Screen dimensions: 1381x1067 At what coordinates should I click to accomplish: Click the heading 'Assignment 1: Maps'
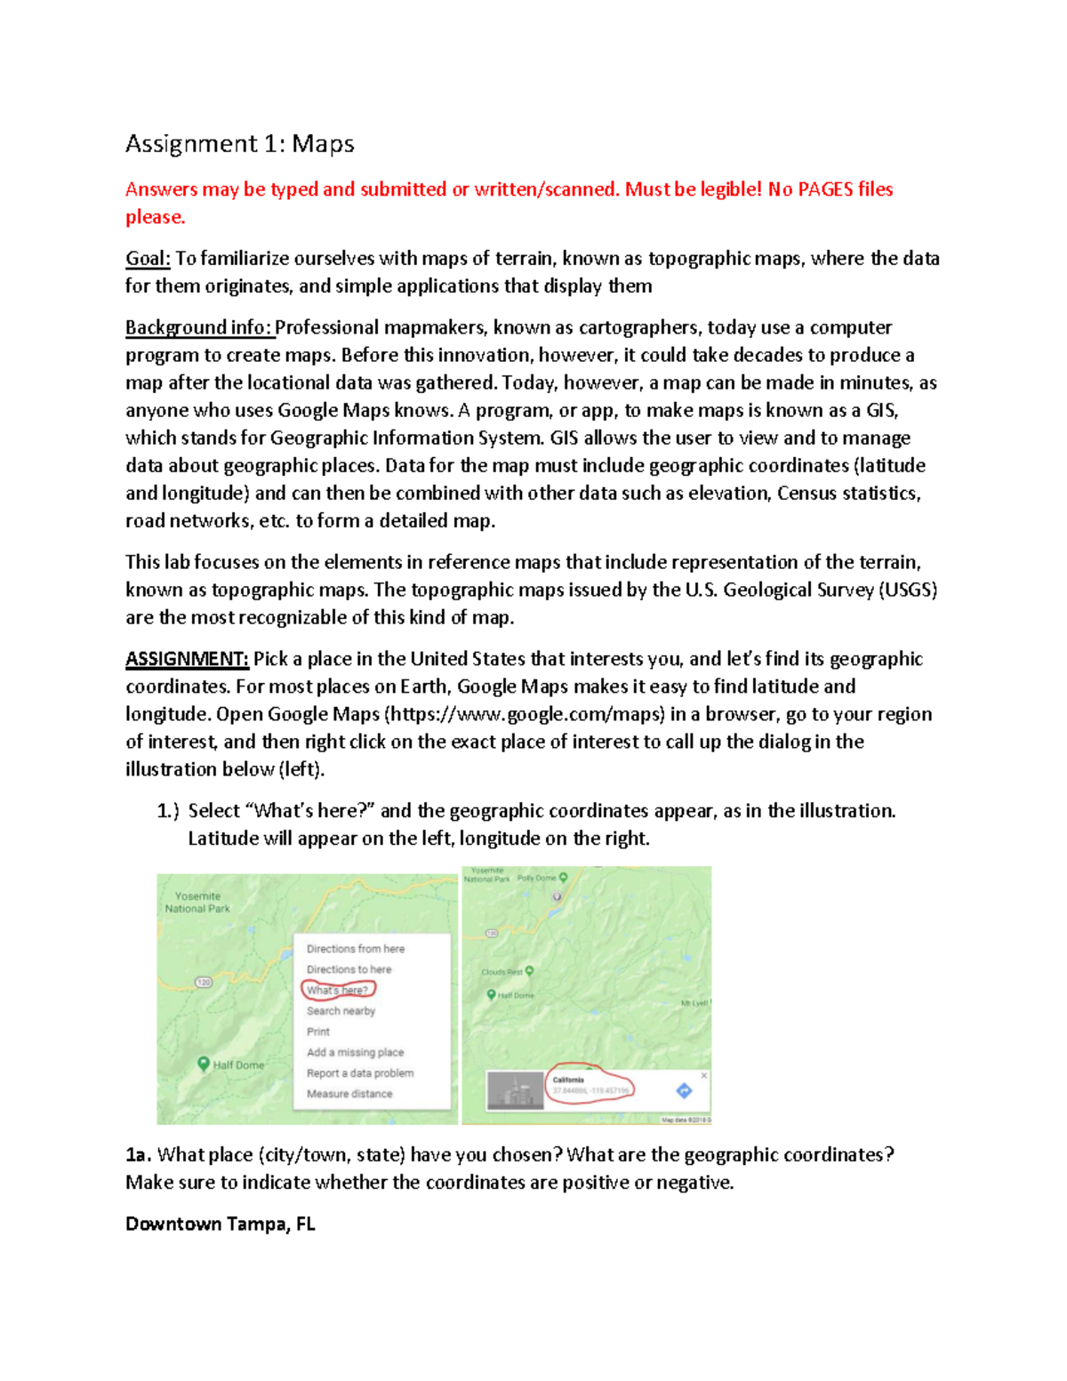(239, 144)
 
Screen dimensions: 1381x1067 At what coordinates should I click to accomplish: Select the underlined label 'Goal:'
(148, 259)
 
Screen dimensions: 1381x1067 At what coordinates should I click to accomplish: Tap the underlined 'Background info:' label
(199, 328)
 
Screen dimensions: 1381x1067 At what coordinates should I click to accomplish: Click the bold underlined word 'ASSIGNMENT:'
(187, 659)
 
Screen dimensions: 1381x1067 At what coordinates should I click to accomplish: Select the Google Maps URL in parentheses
(525, 714)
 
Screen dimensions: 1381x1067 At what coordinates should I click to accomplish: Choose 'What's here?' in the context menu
(337, 990)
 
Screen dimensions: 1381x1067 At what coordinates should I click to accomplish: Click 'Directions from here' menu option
(356, 949)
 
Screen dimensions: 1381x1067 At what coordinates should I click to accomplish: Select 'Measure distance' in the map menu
(349, 1094)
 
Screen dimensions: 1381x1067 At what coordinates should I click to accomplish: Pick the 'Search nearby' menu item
(341, 1011)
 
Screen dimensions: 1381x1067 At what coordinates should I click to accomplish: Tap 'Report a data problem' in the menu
(360, 1073)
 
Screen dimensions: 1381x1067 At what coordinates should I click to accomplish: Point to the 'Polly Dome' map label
(537, 878)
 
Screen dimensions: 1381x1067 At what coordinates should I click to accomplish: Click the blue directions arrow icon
(684, 1090)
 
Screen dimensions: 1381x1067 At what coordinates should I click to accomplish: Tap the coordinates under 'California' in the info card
(590, 1090)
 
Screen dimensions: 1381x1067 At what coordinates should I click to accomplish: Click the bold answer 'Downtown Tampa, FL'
(221, 1224)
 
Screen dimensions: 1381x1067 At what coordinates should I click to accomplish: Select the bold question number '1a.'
(138, 1155)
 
